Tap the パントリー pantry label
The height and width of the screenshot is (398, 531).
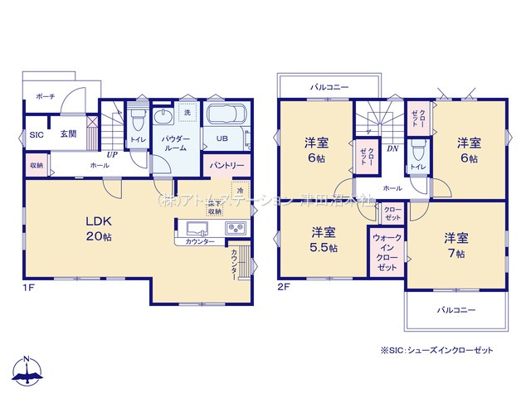click(227, 165)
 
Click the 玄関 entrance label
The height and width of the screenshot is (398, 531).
click(67, 134)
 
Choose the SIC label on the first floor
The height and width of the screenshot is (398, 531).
click(37, 134)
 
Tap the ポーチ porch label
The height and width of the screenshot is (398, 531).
click(45, 97)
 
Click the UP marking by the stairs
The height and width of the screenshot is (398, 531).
click(110, 153)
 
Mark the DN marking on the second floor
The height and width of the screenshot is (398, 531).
click(394, 149)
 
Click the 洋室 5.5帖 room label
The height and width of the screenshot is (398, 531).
click(324, 239)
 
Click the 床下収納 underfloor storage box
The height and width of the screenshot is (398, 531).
click(215, 207)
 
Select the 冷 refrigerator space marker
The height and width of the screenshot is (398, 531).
click(239, 189)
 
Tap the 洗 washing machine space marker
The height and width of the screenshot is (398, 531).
click(187, 112)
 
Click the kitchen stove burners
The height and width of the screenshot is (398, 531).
click(234, 228)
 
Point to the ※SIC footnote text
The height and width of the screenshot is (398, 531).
click(436, 350)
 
